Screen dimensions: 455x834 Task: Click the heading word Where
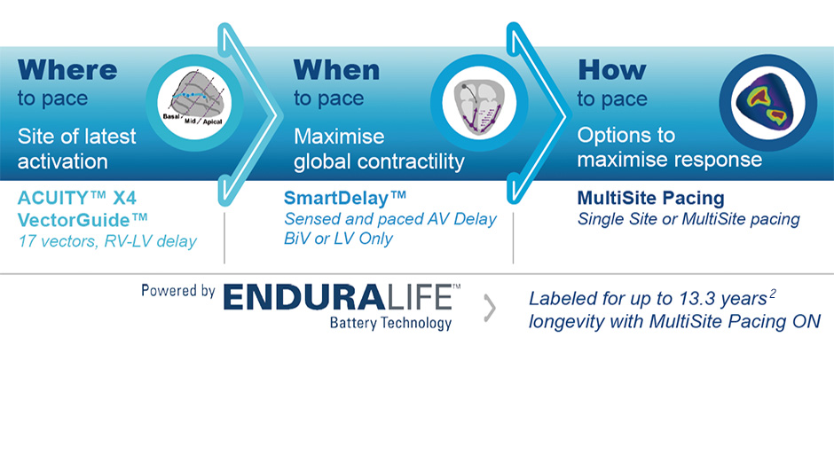(67, 69)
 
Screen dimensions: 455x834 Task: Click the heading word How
(611, 69)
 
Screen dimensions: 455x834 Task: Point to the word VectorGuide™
(83, 219)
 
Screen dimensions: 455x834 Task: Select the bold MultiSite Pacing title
(650, 198)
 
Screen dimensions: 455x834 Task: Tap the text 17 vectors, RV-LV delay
(106, 241)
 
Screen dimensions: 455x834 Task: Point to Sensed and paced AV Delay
(390, 219)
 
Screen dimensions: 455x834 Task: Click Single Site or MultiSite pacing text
(688, 219)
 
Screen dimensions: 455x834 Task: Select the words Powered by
(178, 291)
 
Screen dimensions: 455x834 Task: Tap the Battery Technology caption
(390, 323)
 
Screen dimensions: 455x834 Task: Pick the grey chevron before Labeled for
(490, 308)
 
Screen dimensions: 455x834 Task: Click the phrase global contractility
(379, 161)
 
